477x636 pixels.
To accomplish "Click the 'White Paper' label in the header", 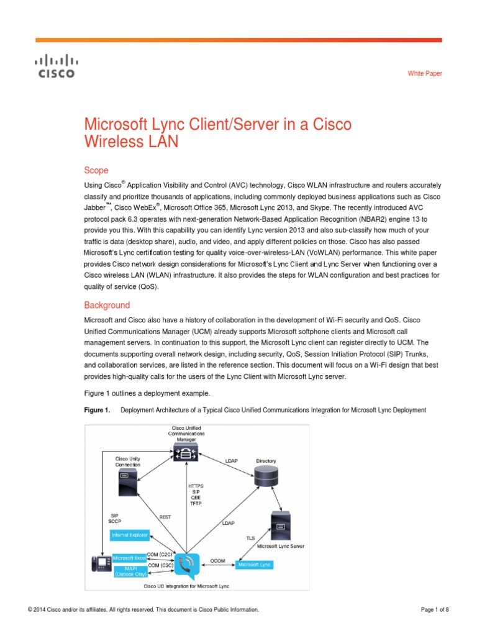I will click(x=425, y=74).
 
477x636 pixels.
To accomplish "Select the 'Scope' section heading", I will click(x=96, y=170).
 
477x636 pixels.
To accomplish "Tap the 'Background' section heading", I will click(x=107, y=305).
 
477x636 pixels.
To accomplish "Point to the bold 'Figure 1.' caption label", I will click(x=97, y=410).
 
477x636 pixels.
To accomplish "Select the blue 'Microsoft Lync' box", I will click(x=254, y=565).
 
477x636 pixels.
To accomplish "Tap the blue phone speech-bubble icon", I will click(x=187, y=565).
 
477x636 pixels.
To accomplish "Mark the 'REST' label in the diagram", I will click(x=166, y=517).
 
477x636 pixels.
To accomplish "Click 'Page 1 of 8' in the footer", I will click(x=435, y=610).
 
